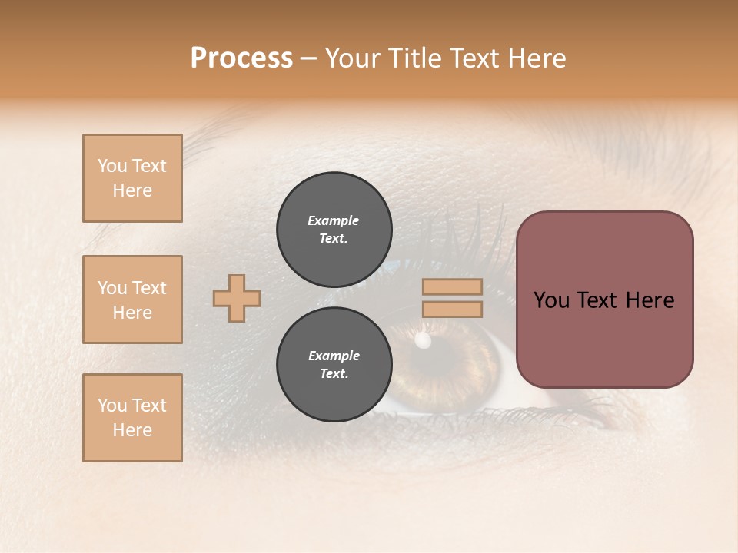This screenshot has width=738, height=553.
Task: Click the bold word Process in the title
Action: [x=241, y=58]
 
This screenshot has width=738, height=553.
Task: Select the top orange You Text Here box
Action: [x=132, y=178]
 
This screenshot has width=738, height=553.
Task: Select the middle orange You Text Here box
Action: [x=132, y=300]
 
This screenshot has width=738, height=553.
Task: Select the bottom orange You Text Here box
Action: [x=132, y=418]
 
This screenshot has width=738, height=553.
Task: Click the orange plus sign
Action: [x=237, y=298]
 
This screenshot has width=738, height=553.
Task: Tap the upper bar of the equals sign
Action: [x=452, y=287]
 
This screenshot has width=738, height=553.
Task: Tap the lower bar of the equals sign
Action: [x=452, y=310]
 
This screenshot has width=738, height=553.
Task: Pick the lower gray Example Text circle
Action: [x=334, y=365]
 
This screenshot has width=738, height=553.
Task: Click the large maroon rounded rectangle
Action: [x=604, y=338]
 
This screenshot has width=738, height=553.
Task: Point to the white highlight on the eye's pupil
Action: [x=422, y=339]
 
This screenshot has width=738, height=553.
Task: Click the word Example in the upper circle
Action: [x=334, y=220]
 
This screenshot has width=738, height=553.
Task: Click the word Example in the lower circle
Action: [x=334, y=356]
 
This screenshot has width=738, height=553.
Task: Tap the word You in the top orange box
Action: [x=111, y=166]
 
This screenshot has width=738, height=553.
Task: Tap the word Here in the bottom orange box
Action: [x=132, y=430]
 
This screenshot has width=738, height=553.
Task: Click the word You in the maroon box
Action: [x=550, y=300]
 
